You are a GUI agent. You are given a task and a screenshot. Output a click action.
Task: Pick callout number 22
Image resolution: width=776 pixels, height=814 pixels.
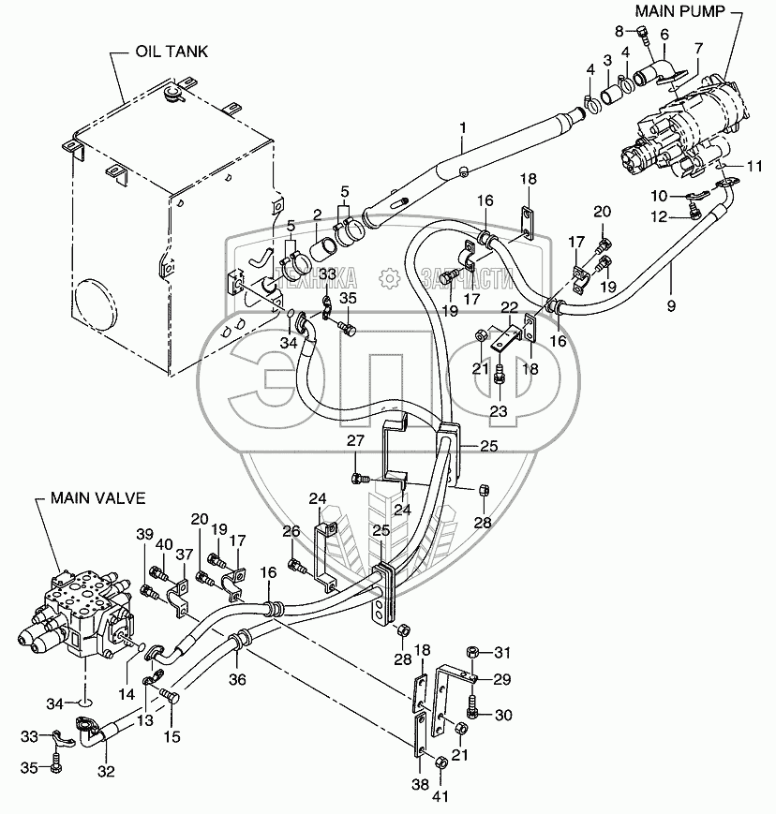[x=507, y=307]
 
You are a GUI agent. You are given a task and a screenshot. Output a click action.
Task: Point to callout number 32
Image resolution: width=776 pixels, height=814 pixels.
[x=106, y=772]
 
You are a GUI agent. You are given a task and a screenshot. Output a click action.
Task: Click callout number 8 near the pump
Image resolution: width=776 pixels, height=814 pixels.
[x=618, y=30]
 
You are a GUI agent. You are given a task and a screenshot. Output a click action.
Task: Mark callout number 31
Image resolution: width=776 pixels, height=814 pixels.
[x=502, y=652]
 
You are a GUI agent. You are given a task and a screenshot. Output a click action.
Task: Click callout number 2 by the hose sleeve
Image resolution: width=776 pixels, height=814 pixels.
[x=317, y=215]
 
